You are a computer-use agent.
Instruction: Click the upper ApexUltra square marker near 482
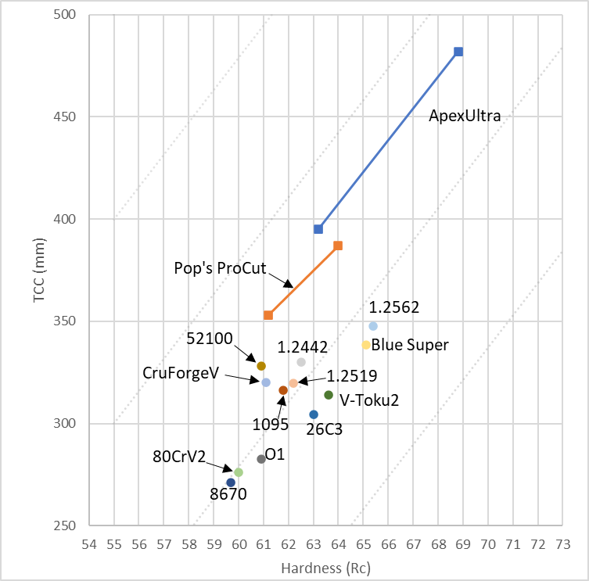(x=458, y=52)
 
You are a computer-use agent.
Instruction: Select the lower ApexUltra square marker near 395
(x=318, y=229)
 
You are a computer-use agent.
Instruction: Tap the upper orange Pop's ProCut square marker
(x=338, y=246)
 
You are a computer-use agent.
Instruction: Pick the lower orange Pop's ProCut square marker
(x=268, y=315)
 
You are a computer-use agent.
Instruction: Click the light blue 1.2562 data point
(x=373, y=326)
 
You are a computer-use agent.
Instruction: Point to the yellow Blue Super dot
(x=366, y=345)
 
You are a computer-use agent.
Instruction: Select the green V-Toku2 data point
(x=329, y=395)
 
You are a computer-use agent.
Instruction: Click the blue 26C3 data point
(x=314, y=414)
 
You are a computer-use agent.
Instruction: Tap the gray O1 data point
(x=261, y=459)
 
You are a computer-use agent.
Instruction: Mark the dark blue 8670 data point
(x=231, y=482)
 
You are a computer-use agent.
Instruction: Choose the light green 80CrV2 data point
(x=239, y=472)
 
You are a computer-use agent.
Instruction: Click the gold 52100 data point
(x=261, y=366)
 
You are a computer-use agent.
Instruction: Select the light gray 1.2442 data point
(x=301, y=362)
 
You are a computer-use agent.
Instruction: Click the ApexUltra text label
(x=465, y=116)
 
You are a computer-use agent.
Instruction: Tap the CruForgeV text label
(x=180, y=373)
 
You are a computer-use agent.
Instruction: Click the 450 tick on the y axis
(x=74, y=117)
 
